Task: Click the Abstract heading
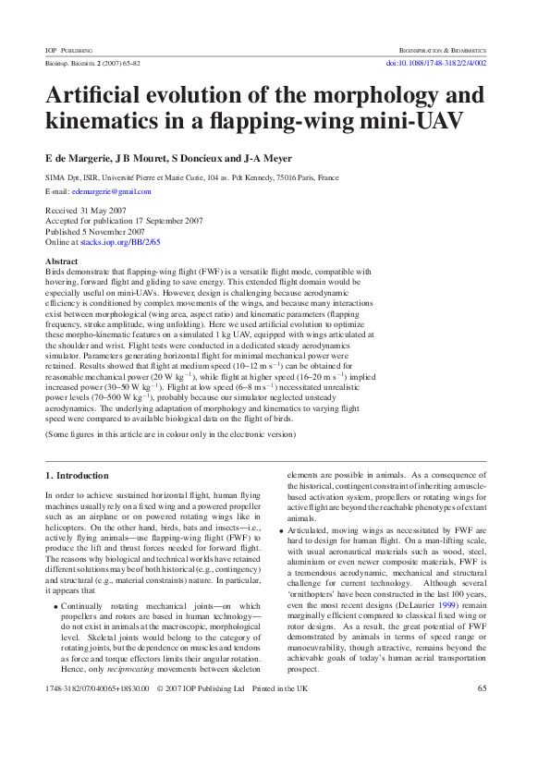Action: [62, 262]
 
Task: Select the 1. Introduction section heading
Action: [77, 476]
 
